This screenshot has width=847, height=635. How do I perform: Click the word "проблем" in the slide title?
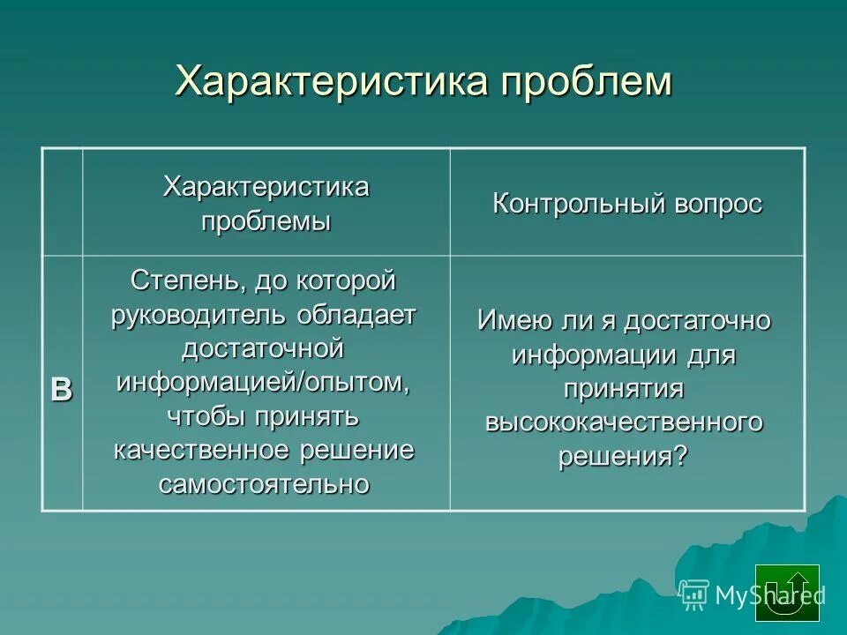point(586,82)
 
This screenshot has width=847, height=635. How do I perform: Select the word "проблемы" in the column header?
point(266,220)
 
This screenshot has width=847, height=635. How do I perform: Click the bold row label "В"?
point(62,389)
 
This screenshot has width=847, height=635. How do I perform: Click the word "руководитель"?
point(198,315)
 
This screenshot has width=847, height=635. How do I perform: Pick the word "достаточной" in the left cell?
point(262,348)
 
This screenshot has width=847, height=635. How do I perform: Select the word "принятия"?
point(624,389)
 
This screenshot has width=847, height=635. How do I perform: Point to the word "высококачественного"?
point(624,422)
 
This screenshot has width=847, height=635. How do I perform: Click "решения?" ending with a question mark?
point(624,457)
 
